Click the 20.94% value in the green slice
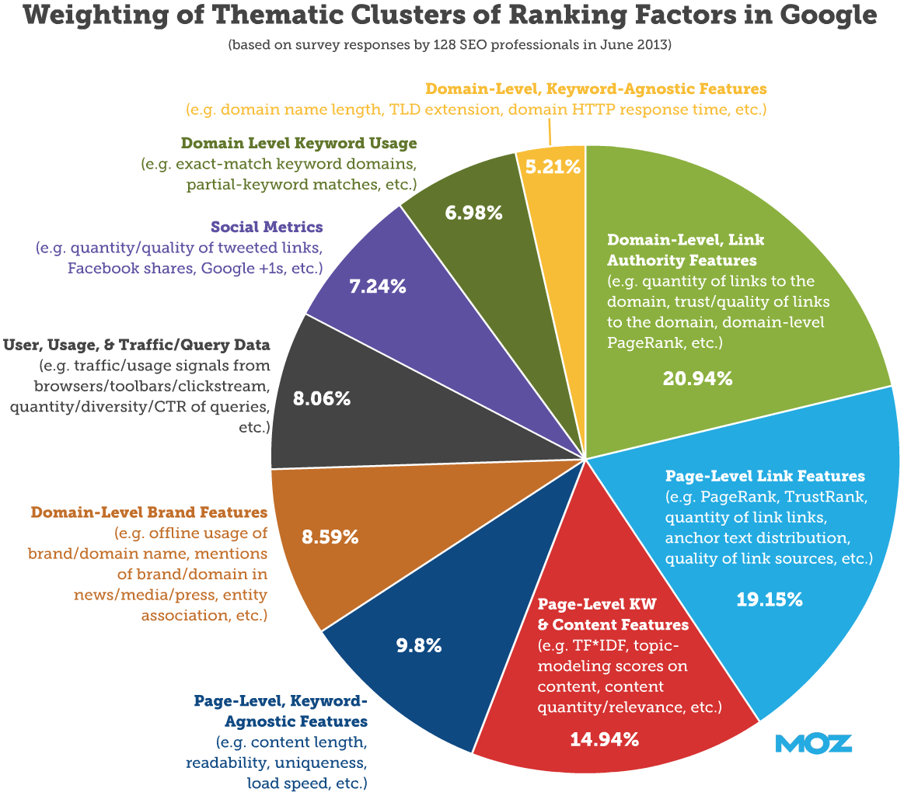pos(697,378)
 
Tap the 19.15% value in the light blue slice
pos(769,599)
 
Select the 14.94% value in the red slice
pos(604,738)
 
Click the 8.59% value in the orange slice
pos(330,536)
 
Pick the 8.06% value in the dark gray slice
pos(322,399)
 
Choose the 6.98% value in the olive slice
pos(473,211)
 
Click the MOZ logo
pos(813,743)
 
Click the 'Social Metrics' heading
pos(267,228)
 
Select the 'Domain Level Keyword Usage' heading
pos(298,143)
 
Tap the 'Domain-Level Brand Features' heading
pos(149,512)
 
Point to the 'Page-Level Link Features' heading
pos(765,475)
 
